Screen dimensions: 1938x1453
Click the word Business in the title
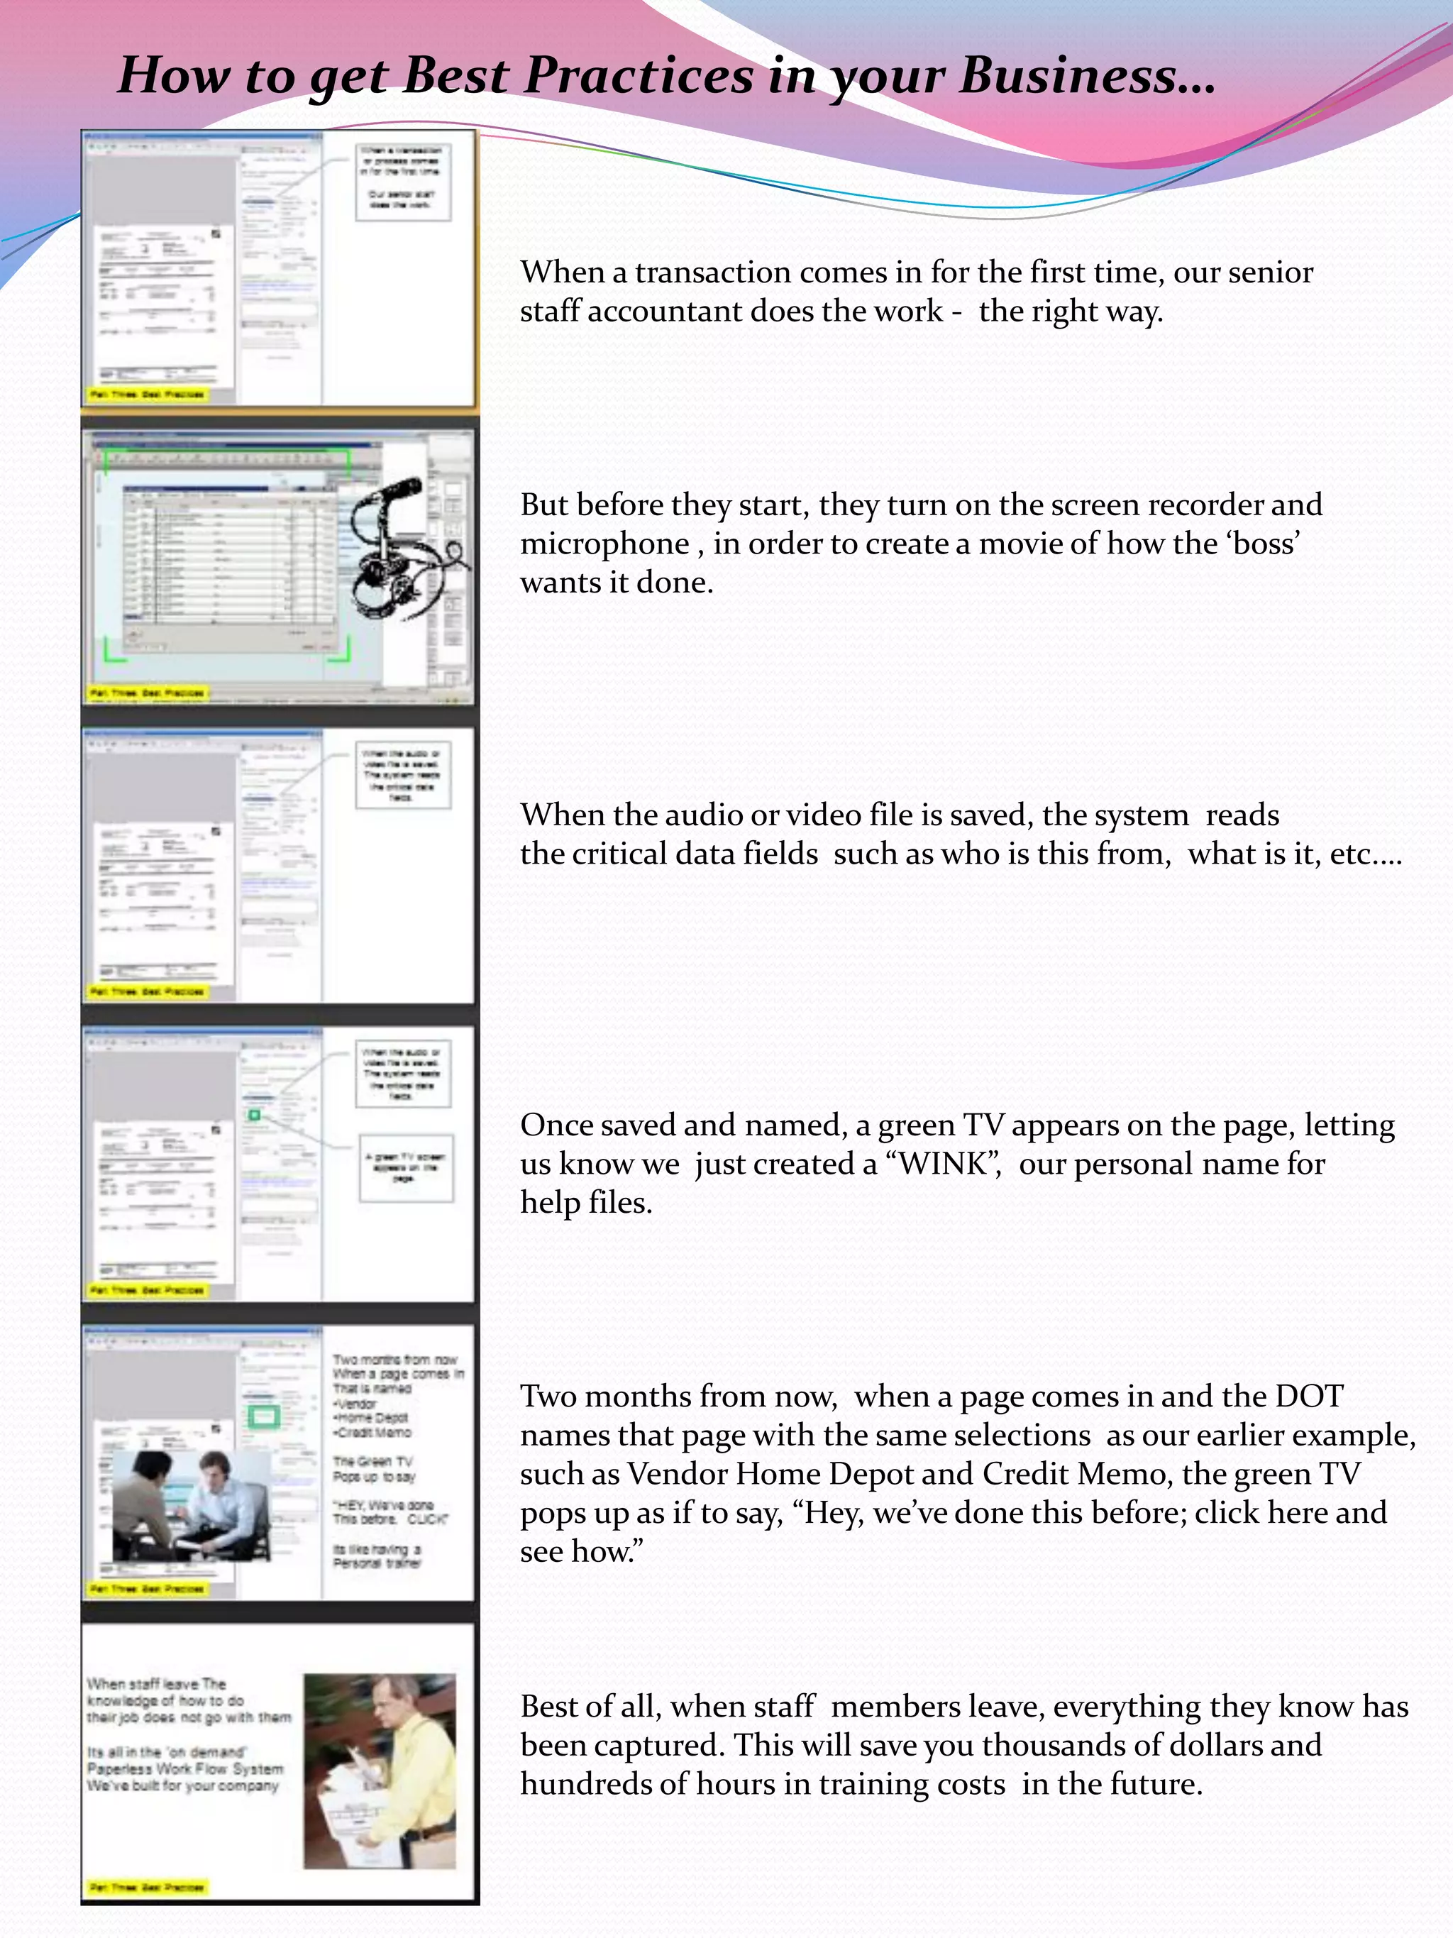1086,75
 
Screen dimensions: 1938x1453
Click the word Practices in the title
639,75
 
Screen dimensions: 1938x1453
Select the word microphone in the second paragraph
604,544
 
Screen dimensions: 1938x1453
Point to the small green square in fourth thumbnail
254,1116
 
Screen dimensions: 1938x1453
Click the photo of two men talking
191,1505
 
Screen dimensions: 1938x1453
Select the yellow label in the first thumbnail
147,395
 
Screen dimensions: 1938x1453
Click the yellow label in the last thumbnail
147,1887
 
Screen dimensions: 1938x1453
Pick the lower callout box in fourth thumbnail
406,1168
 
